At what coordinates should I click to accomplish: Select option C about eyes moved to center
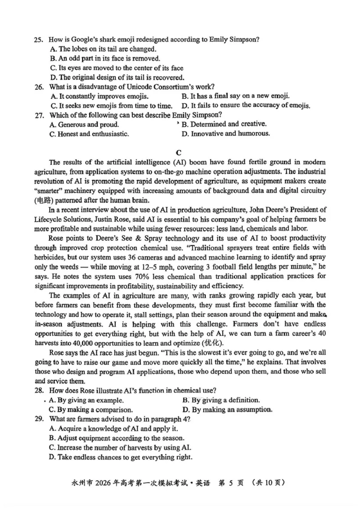click(x=117, y=68)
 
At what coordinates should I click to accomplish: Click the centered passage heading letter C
click(x=180, y=152)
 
